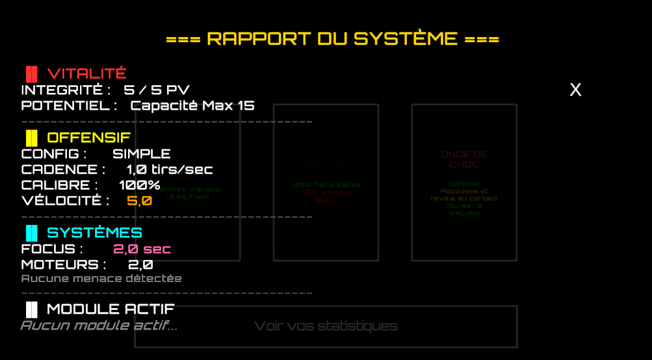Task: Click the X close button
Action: tap(575, 90)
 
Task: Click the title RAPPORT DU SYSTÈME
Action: tap(332, 39)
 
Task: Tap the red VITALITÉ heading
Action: tap(86, 73)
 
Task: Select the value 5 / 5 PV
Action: tap(157, 90)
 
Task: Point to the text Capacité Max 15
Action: tap(192, 105)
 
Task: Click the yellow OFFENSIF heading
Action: tap(88, 138)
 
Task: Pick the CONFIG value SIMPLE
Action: tap(142, 154)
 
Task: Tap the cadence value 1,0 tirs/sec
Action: tap(170, 170)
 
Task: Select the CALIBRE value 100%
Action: tap(139, 185)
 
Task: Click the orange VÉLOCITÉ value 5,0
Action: tap(139, 201)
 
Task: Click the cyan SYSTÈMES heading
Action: tap(94, 233)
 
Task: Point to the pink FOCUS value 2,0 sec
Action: tap(142, 249)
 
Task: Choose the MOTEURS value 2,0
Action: tap(140, 264)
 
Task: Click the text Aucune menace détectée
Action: tap(101, 279)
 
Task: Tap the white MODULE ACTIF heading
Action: tap(111, 309)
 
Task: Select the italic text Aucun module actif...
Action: tap(99, 325)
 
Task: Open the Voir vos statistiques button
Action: tap(326, 326)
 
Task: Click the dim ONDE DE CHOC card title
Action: tap(464, 159)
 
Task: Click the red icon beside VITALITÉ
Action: tap(31, 73)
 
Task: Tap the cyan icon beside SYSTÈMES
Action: tap(31, 233)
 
